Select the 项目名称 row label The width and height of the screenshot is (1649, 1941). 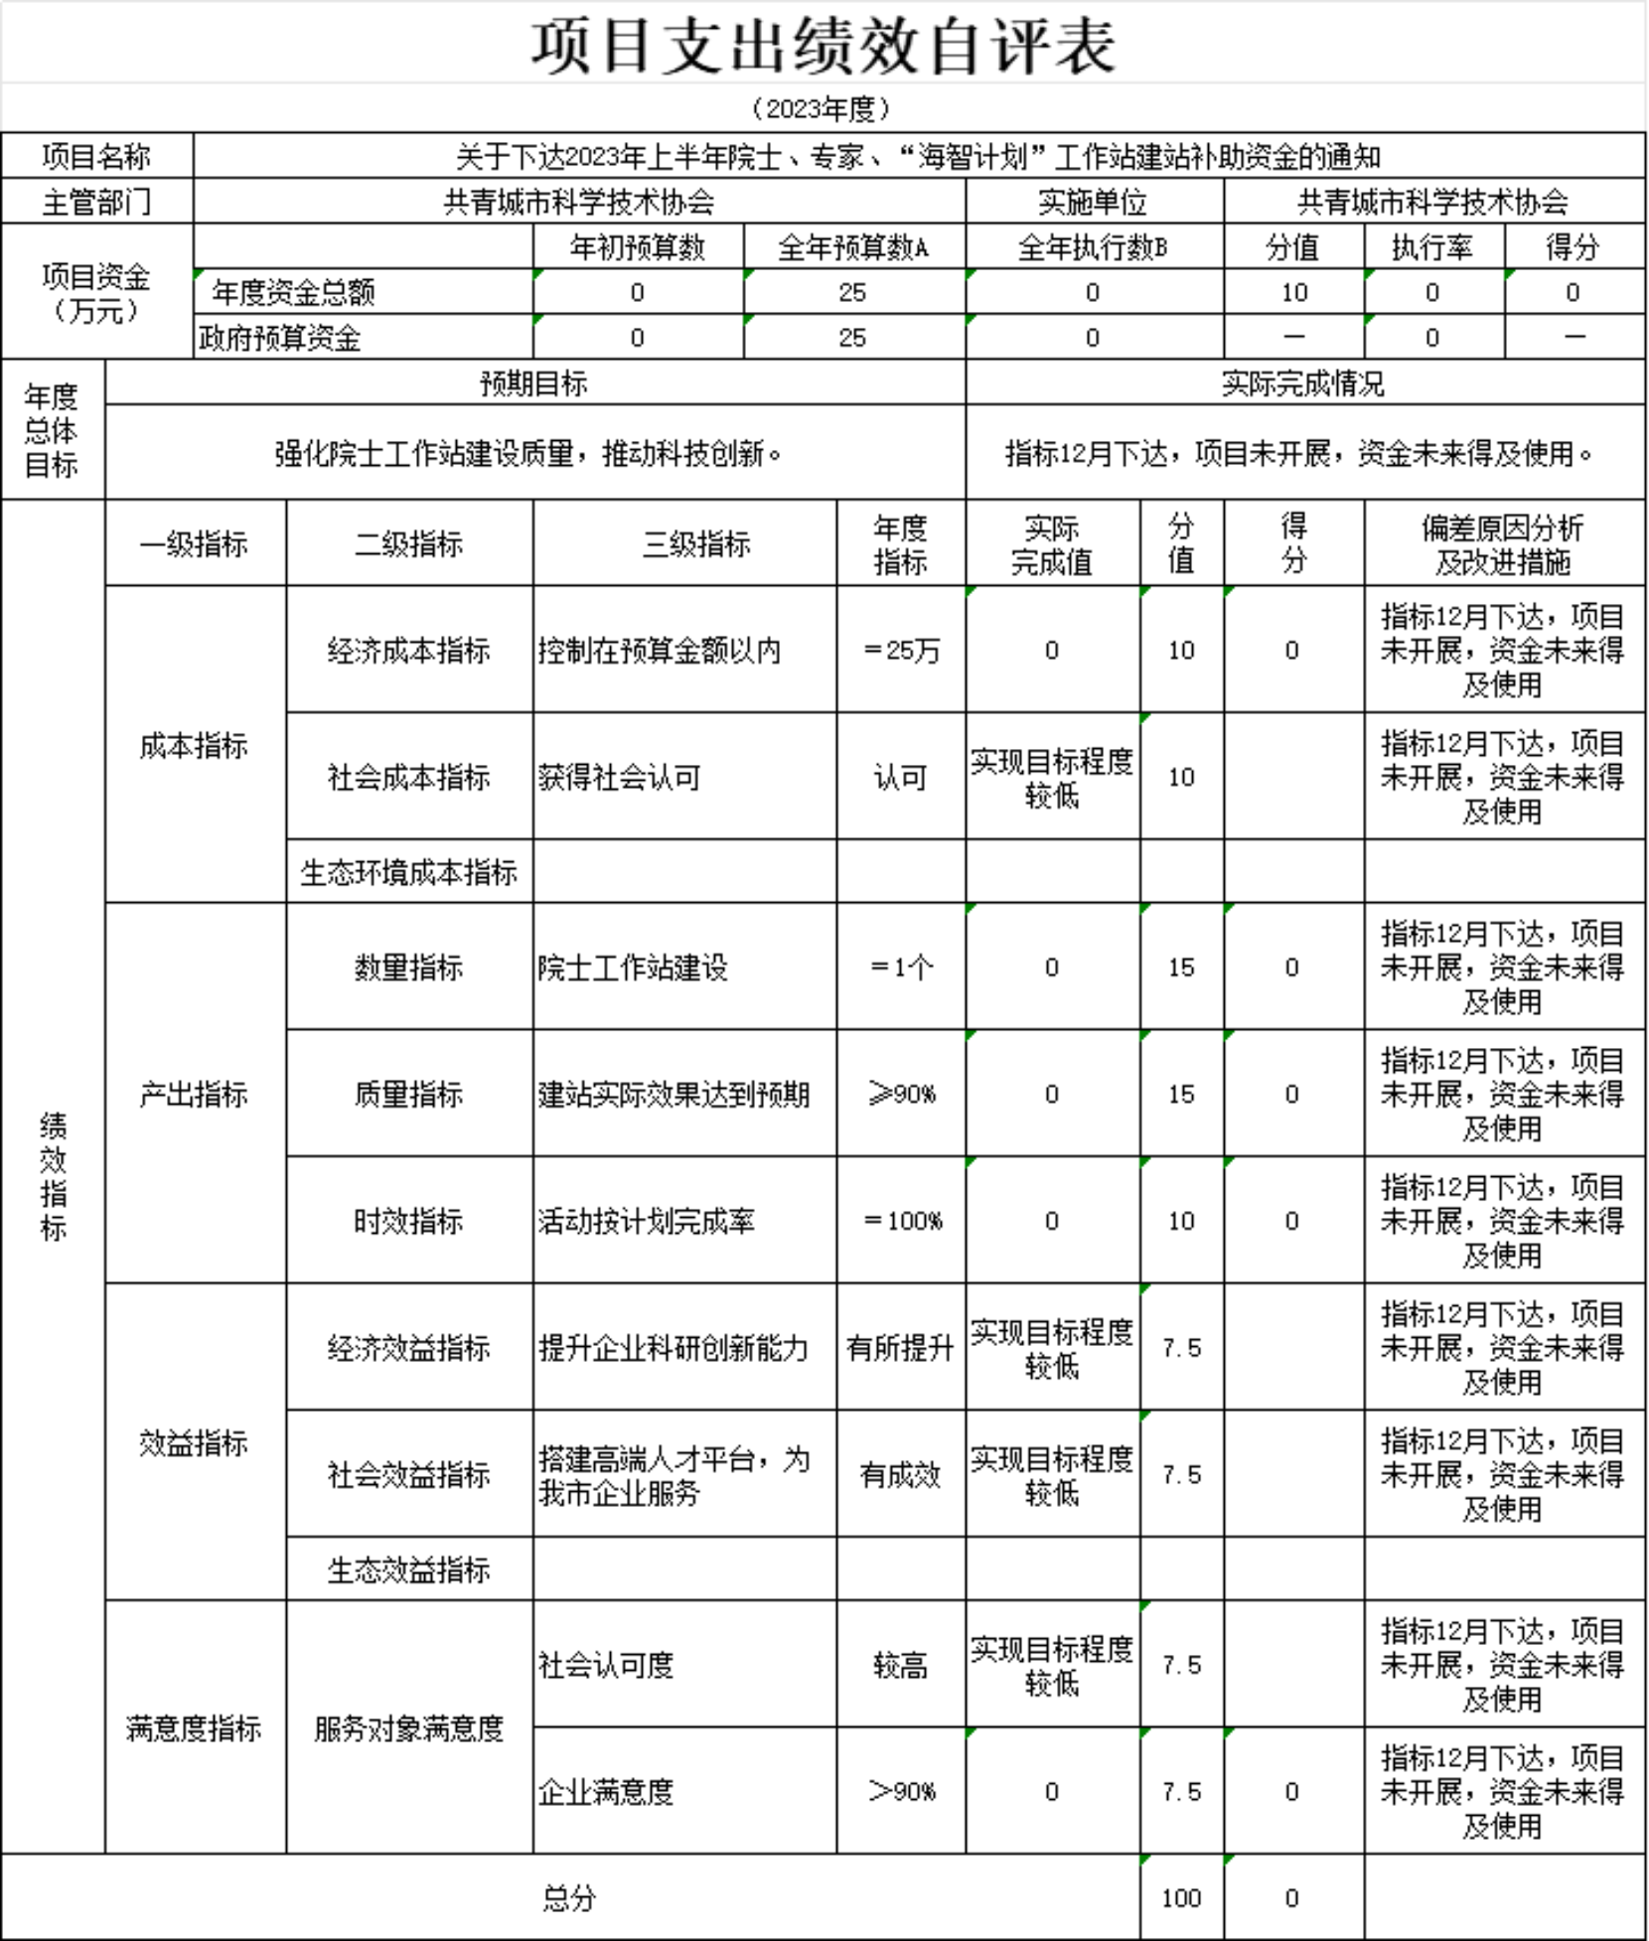coord(96,156)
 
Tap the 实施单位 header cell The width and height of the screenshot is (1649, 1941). coord(1093,202)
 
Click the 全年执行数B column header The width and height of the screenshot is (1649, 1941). coord(1093,246)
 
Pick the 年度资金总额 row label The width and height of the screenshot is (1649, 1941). coord(293,292)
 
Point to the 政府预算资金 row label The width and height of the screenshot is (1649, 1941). coord(279,338)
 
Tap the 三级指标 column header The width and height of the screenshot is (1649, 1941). coord(695,543)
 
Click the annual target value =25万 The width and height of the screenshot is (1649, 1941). coord(900,651)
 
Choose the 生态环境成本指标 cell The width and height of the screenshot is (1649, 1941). coord(408,872)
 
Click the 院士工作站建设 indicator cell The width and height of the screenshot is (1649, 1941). coord(633,967)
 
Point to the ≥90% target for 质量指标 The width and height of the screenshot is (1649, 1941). coord(900,1094)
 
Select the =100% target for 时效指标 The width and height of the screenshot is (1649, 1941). coord(900,1220)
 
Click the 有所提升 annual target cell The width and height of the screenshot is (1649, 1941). coord(900,1347)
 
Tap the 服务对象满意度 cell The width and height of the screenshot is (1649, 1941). coord(408,1728)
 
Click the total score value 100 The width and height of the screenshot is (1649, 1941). coord(1180,1897)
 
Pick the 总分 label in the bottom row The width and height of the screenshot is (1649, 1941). coord(569,1897)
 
